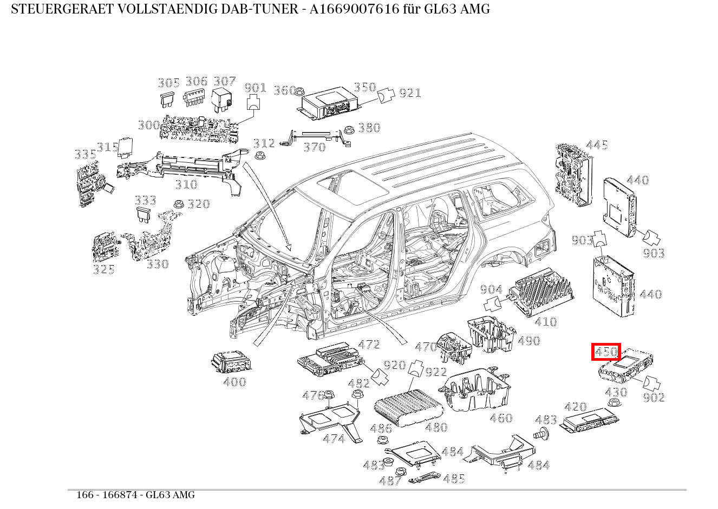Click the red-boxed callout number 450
(x=606, y=352)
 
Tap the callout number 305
(x=168, y=83)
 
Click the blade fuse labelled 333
(x=145, y=214)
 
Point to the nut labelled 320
(x=177, y=204)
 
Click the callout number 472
(x=369, y=345)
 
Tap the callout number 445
(x=597, y=145)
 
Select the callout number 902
(x=654, y=398)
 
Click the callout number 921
(x=410, y=93)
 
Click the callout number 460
(x=500, y=418)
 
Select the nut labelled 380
(x=350, y=129)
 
